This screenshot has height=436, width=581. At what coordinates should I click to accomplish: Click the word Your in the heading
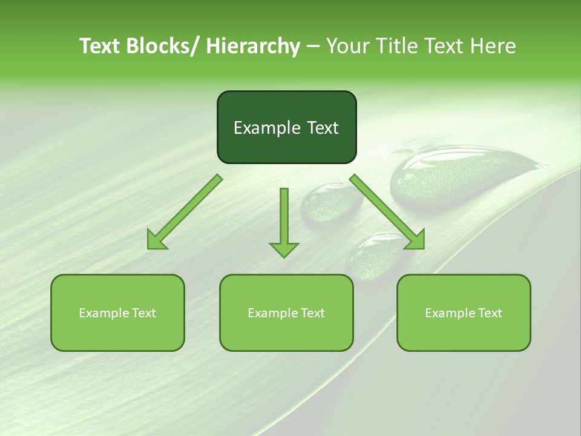pos(348,46)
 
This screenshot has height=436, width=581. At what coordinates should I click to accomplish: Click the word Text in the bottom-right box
pos(490,313)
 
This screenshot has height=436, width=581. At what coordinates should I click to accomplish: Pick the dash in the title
pos(313,46)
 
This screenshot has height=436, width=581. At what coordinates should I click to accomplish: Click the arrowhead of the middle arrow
pos(284,249)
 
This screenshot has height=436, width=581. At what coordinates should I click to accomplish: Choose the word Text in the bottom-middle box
pos(312,313)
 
